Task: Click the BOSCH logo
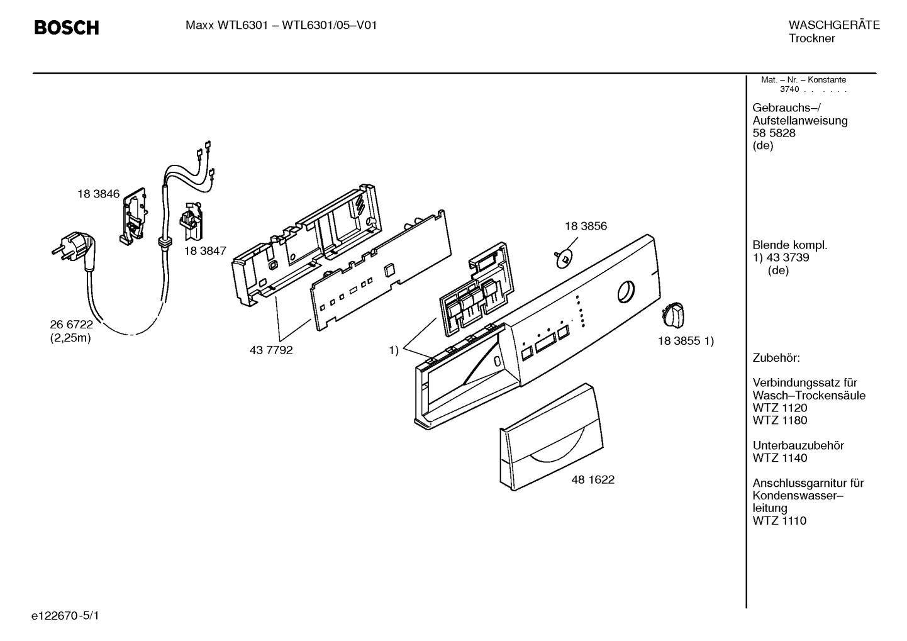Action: tap(66, 28)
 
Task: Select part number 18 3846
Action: tap(98, 194)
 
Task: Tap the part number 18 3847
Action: tap(205, 250)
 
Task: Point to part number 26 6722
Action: tap(71, 325)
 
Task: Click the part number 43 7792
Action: tap(271, 350)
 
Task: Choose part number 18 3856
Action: tap(586, 226)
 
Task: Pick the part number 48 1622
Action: tap(593, 480)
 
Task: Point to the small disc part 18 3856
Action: tap(564, 257)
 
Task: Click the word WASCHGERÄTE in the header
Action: tap(834, 26)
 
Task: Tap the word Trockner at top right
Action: tap(811, 39)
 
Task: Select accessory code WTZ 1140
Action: tap(780, 458)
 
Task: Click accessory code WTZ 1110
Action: tap(779, 521)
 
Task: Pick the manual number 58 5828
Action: tap(774, 133)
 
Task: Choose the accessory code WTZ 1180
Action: tap(780, 420)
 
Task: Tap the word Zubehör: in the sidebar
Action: tap(776, 359)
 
